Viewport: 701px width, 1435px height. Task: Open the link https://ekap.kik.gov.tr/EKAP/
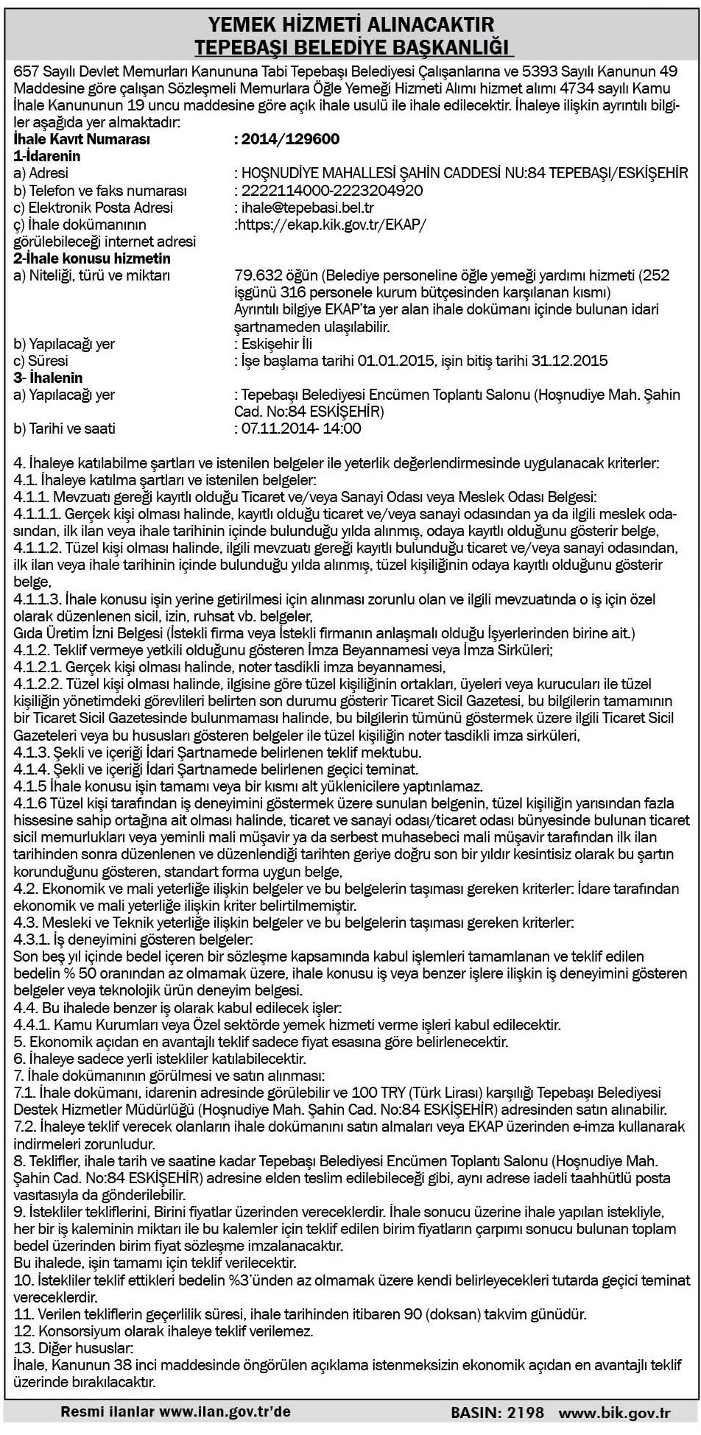(330, 225)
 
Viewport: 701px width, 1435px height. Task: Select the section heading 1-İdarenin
(47, 156)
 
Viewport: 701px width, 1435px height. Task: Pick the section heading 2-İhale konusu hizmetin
(92, 258)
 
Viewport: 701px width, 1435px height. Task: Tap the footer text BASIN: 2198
(497, 1412)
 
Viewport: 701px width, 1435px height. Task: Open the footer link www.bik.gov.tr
(614, 1412)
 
